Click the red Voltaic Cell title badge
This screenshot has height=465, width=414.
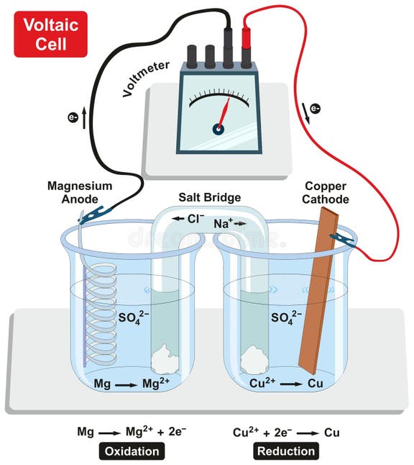click(x=50, y=34)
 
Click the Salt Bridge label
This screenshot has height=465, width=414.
click(x=210, y=197)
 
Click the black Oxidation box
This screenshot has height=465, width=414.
click(x=132, y=451)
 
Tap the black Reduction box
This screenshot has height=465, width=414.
click(x=285, y=451)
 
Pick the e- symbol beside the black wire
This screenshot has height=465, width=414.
click(x=73, y=117)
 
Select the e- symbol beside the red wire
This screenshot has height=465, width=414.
click(x=315, y=109)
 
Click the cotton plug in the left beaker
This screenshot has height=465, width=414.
click(x=165, y=358)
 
